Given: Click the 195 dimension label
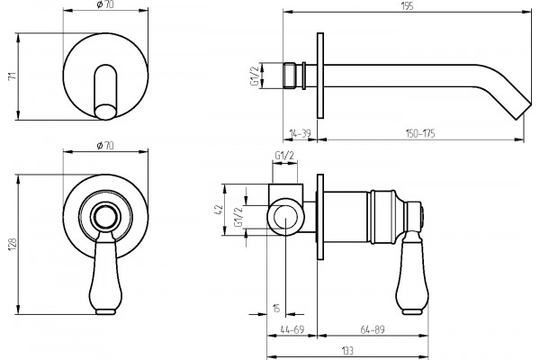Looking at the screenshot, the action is [407, 6].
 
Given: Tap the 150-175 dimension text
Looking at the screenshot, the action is [419, 133].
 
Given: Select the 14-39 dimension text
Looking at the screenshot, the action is [300, 133].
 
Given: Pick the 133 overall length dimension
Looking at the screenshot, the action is [347, 351].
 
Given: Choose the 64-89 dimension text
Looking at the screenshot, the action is [373, 329].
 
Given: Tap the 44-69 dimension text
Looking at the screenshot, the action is [292, 329].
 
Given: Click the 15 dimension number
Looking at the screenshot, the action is [276, 308].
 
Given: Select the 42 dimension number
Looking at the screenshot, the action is [220, 210].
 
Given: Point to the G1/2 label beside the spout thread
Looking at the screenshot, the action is [255, 76].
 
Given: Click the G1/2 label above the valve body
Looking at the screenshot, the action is [284, 156].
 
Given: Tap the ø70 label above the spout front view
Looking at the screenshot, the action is [105, 5].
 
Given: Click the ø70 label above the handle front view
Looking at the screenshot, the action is [105, 146].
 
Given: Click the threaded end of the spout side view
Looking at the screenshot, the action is [289, 76].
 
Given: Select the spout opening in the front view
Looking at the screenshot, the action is [105, 112].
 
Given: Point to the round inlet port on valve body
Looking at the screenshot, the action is [285, 217].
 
